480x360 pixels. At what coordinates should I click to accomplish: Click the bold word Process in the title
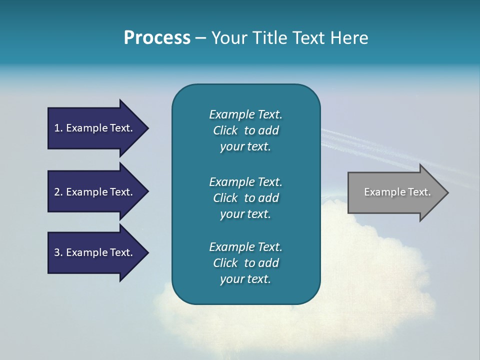157,38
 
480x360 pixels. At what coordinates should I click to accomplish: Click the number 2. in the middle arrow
58,192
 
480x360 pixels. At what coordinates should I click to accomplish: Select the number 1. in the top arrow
58,128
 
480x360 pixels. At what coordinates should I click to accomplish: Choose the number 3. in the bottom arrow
58,252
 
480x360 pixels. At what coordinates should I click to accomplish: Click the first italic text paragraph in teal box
245,130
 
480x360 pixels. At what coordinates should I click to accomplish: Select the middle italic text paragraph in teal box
245,198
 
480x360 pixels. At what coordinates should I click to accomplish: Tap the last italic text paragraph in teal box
245,263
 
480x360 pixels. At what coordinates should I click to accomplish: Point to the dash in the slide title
200,38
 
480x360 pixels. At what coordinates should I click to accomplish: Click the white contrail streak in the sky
380,150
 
